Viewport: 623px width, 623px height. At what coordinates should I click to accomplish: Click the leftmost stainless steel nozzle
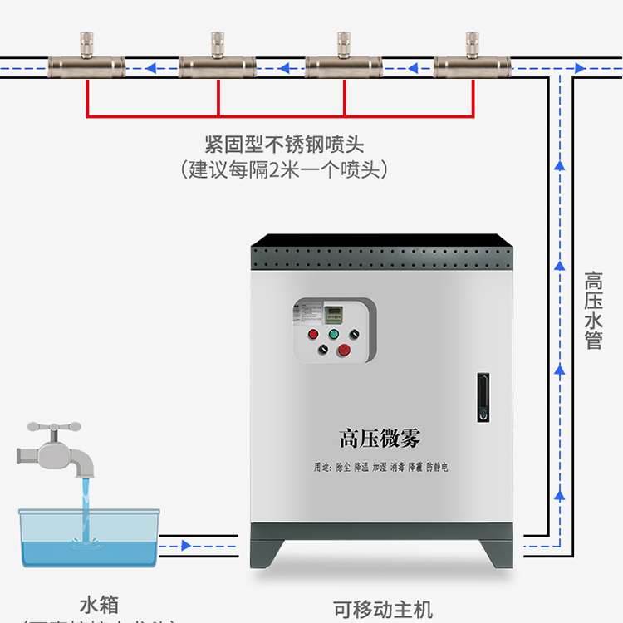[x=86, y=61]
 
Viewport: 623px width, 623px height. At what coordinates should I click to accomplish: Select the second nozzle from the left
[x=218, y=61]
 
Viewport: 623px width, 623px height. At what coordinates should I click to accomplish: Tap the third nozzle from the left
[x=344, y=61]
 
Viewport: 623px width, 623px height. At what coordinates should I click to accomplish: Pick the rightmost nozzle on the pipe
[x=473, y=61]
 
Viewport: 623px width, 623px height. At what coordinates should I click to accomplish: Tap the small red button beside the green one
[x=313, y=334]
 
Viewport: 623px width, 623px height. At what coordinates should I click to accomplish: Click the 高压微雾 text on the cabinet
[x=380, y=438]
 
